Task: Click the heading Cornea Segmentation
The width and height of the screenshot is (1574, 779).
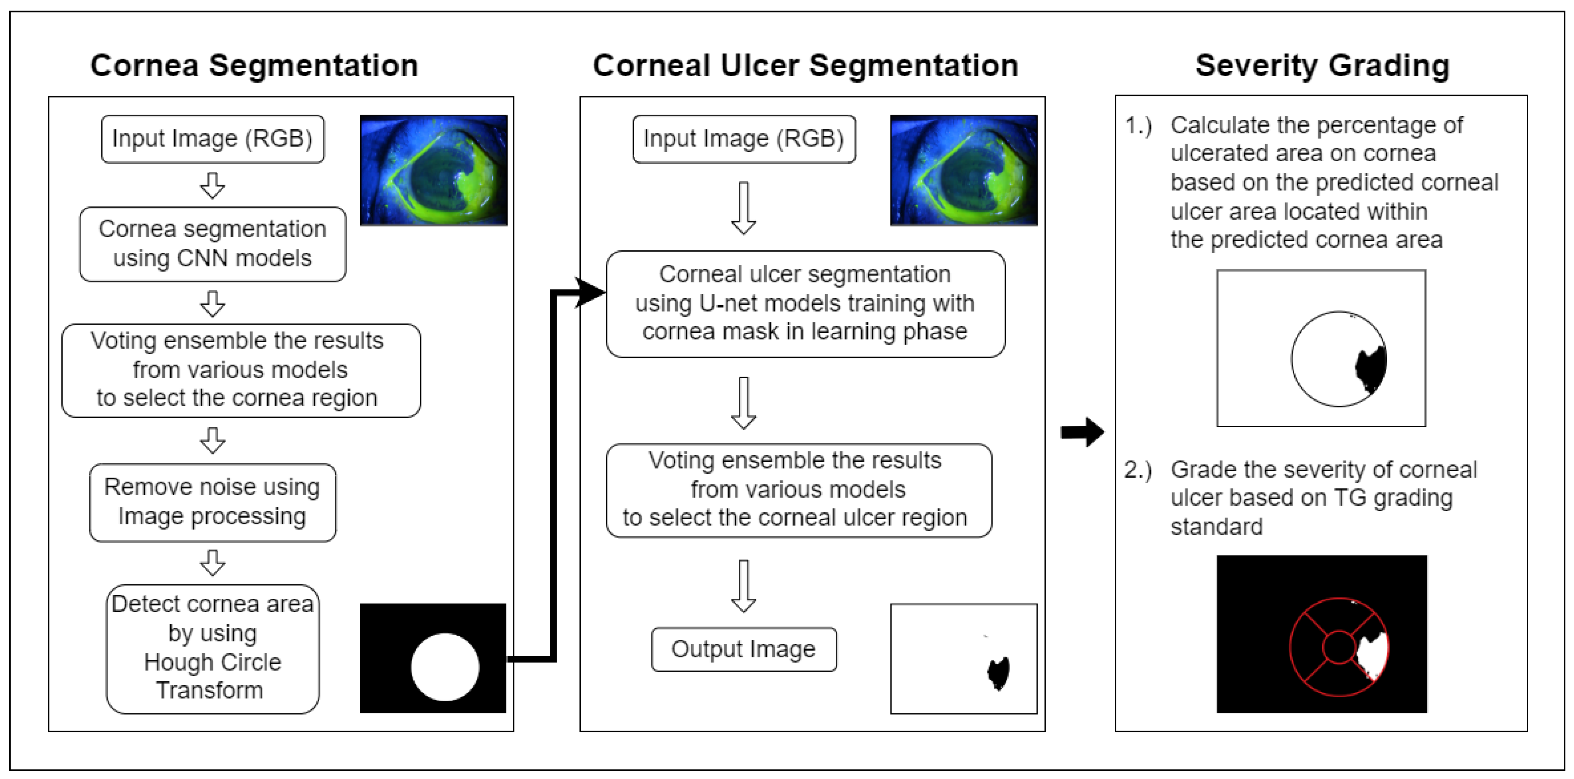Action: [254, 66]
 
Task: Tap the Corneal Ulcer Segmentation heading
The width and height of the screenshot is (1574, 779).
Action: [805, 66]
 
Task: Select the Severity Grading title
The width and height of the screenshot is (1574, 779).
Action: [1322, 66]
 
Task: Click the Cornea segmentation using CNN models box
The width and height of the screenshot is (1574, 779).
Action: [213, 244]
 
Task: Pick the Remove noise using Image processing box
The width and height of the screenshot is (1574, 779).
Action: [213, 502]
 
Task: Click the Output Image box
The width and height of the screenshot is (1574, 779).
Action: [744, 649]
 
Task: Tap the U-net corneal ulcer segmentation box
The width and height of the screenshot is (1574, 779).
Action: [805, 303]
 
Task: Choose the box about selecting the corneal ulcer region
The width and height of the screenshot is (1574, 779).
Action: [799, 490]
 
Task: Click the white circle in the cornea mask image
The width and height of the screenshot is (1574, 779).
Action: [445, 667]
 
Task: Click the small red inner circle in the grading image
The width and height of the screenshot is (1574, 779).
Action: [1339, 646]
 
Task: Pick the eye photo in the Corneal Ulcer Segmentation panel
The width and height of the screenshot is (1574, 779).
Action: [964, 170]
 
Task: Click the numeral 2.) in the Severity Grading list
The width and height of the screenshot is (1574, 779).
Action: [1138, 470]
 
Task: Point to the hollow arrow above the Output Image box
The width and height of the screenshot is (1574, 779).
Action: [744, 585]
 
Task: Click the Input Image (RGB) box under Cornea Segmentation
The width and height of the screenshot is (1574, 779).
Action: [213, 139]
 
